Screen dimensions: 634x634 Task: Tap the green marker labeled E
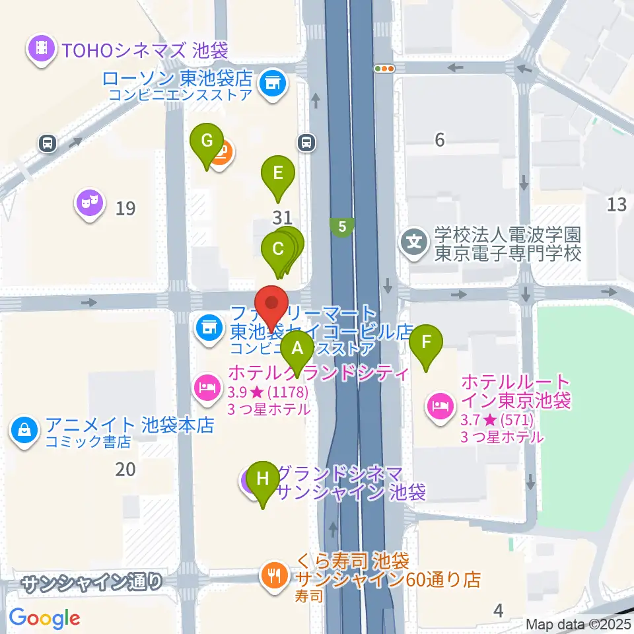tap(277, 175)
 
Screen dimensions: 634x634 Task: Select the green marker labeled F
tap(426, 344)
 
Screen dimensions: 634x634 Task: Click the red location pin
tap(271, 303)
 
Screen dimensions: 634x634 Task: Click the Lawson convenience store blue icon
tap(271, 84)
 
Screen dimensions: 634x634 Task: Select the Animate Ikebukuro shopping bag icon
tap(24, 430)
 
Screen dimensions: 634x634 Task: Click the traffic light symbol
tap(384, 68)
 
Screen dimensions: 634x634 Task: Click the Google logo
tap(44, 618)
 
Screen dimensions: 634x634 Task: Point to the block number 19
tap(125, 209)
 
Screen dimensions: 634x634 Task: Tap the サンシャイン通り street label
tap(92, 582)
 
